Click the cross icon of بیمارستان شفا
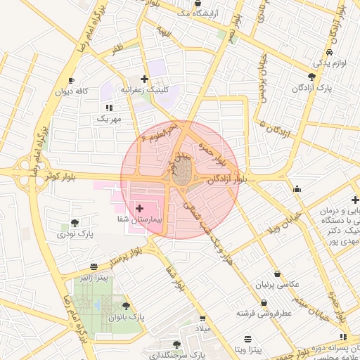(139, 208)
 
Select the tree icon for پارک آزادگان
(311, 77)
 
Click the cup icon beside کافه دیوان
(72, 81)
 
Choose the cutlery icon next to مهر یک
(108, 108)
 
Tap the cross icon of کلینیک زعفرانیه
(144, 79)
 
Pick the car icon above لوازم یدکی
(328, 53)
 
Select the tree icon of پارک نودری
(75, 222)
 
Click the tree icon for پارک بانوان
(127, 306)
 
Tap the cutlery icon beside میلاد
(202, 318)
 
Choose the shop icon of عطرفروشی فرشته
(264, 303)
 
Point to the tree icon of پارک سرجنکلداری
(176, 345)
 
